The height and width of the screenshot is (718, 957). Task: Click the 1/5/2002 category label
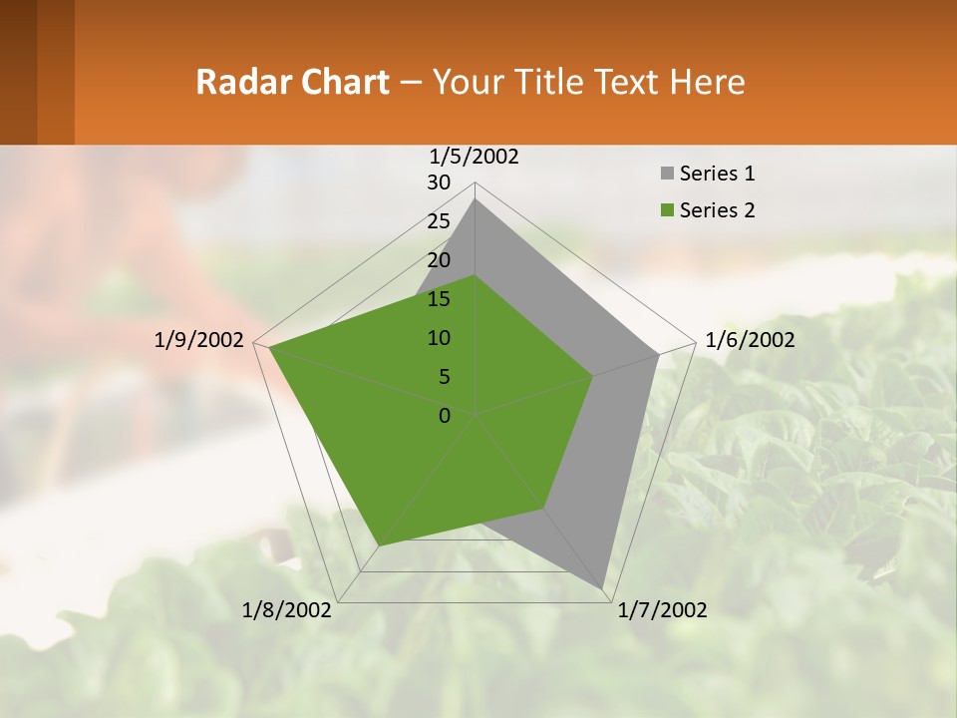[x=475, y=157]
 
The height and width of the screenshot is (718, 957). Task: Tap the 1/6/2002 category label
[x=750, y=340]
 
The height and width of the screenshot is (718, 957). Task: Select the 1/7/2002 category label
[x=662, y=610]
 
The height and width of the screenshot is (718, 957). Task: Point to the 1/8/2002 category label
[x=287, y=610]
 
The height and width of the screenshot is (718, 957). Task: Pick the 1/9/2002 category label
[x=199, y=340]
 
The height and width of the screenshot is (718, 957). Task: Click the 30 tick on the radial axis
[x=439, y=182]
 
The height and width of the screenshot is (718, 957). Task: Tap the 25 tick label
[x=439, y=221]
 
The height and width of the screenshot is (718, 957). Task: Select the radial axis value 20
[x=439, y=260]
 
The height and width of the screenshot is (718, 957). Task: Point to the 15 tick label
[x=439, y=299]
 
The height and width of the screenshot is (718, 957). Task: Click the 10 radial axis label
[x=439, y=338]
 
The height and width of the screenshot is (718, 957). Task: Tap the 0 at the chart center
[x=445, y=416]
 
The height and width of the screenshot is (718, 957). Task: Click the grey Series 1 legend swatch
[x=667, y=175]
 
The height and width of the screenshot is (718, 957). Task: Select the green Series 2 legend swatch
[x=667, y=210]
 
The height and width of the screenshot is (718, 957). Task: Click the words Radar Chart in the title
[x=292, y=82]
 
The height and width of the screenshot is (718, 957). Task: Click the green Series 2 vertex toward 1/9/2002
[x=269, y=348]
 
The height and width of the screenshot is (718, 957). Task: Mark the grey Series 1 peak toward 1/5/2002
[x=476, y=199]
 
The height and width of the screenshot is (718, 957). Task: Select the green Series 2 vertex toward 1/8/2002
[x=379, y=545]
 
